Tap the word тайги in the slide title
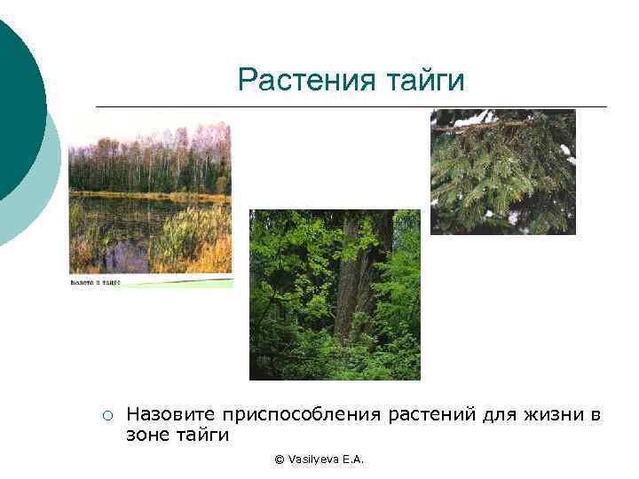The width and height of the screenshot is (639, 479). (424, 81)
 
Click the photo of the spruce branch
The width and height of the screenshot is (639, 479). (502, 171)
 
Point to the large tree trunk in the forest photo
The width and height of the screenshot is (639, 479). (355, 284)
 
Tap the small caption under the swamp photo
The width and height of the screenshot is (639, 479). (96, 282)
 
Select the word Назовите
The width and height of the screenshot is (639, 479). (171, 414)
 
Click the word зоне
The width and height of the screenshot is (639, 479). (149, 436)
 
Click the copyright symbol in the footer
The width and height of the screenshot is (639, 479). (280, 459)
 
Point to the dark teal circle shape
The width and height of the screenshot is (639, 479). (13, 106)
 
